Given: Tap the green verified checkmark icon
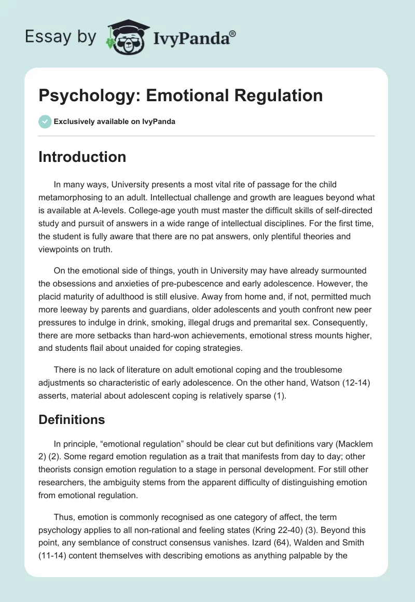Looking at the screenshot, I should [45, 121].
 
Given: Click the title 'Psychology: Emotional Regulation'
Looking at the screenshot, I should [181, 95].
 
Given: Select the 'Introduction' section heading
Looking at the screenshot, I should [82, 157].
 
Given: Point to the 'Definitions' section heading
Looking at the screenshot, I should [72, 419].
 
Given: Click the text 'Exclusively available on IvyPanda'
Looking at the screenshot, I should [115, 122].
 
